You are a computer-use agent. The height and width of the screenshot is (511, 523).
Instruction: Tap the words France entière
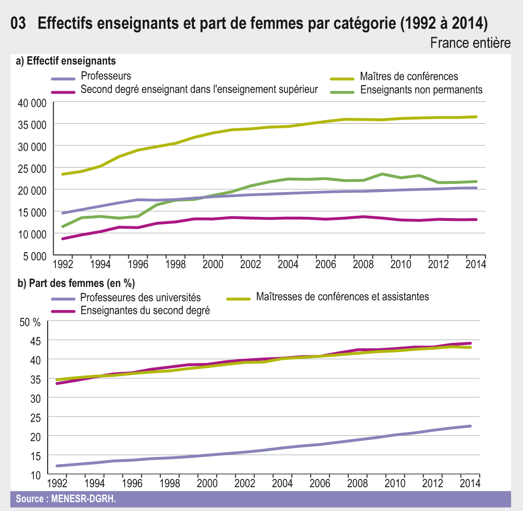click(x=470, y=43)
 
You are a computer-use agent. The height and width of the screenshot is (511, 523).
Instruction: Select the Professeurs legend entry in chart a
click(x=106, y=76)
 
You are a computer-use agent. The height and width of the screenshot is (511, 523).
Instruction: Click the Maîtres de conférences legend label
click(x=409, y=77)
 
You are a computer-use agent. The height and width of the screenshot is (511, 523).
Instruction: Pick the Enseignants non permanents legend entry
click(x=421, y=90)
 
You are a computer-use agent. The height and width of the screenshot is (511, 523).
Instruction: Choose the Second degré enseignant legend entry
click(x=199, y=89)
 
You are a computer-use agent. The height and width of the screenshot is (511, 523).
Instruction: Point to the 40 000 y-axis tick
click(x=32, y=103)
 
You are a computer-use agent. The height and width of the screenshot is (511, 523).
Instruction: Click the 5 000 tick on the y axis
click(x=35, y=257)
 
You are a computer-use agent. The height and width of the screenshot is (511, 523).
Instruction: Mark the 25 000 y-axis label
click(x=32, y=169)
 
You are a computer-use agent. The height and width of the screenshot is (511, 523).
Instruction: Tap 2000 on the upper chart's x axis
click(x=213, y=265)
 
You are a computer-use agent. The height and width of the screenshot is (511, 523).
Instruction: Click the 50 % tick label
click(x=30, y=322)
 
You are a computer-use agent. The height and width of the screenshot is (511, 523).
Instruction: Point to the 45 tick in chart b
click(x=36, y=341)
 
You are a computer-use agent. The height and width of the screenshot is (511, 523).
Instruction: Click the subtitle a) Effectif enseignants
click(x=66, y=61)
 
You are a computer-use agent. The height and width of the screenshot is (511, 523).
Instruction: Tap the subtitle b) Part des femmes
click(x=76, y=283)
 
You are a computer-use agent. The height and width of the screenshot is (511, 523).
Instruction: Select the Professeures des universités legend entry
click(x=140, y=298)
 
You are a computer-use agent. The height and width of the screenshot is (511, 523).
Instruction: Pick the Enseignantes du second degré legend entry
click(x=145, y=310)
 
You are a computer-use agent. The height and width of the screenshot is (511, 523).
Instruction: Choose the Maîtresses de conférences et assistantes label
click(x=342, y=297)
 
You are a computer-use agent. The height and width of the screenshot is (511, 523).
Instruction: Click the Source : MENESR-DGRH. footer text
click(x=66, y=499)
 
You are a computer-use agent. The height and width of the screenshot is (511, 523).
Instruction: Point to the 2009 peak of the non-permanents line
click(x=382, y=174)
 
